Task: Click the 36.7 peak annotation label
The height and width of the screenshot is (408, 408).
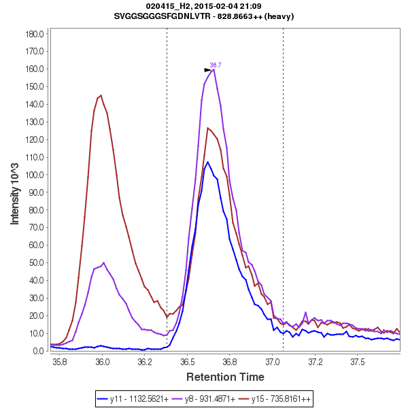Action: (x=216, y=65)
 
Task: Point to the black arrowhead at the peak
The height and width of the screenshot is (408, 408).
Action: (x=207, y=69)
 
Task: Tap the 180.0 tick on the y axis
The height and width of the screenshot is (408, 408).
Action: (x=35, y=33)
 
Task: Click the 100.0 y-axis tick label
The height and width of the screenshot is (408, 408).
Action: (x=35, y=175)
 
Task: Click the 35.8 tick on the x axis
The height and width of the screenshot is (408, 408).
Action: (x=60, y=362)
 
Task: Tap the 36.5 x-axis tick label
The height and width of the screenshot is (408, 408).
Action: (x=188, y=362)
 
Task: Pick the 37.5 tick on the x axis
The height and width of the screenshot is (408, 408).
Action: (x=358, y=362)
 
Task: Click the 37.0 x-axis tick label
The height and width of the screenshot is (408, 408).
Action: (x=273, y=362)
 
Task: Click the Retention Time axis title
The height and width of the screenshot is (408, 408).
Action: (x=225, y=377)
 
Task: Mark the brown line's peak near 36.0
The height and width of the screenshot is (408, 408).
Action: (x=101, y=95)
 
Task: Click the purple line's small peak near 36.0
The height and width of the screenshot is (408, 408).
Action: (x=104, y=262)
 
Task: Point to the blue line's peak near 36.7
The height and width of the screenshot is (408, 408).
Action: (x=208, y=162)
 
